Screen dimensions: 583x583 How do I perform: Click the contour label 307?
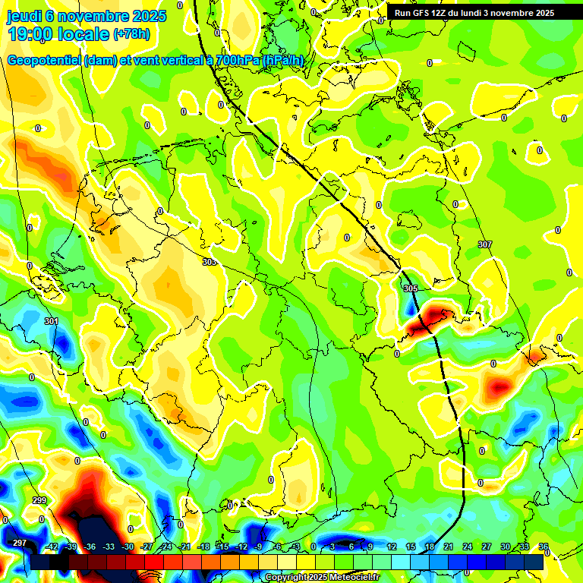pyautogui.click(x=484, y=244)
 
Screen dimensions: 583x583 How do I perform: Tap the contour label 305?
pyautogui.click(x=411, y=289)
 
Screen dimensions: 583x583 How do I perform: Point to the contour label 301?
pyautogui.click(x=51, y=322)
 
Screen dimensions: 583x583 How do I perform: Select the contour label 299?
pyautogui.click(x=39, y=501)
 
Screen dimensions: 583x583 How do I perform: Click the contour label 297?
pyautogui.click(x=20, y=543)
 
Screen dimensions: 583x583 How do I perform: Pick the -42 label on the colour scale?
pyautogui.click(x=52, y=547)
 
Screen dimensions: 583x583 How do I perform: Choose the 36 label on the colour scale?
pyautogui.click(x=543, y=547)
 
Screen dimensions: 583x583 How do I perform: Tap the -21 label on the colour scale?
pyautogui.click(x=184, y=547)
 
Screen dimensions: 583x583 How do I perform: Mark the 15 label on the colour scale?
pyautogui.click(x=410, y=547)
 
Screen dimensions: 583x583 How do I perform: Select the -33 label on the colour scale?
pyautogui.click(x=109, y=547)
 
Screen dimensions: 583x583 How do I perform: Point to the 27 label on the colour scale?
pyautogui.click(x=486, y=547)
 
